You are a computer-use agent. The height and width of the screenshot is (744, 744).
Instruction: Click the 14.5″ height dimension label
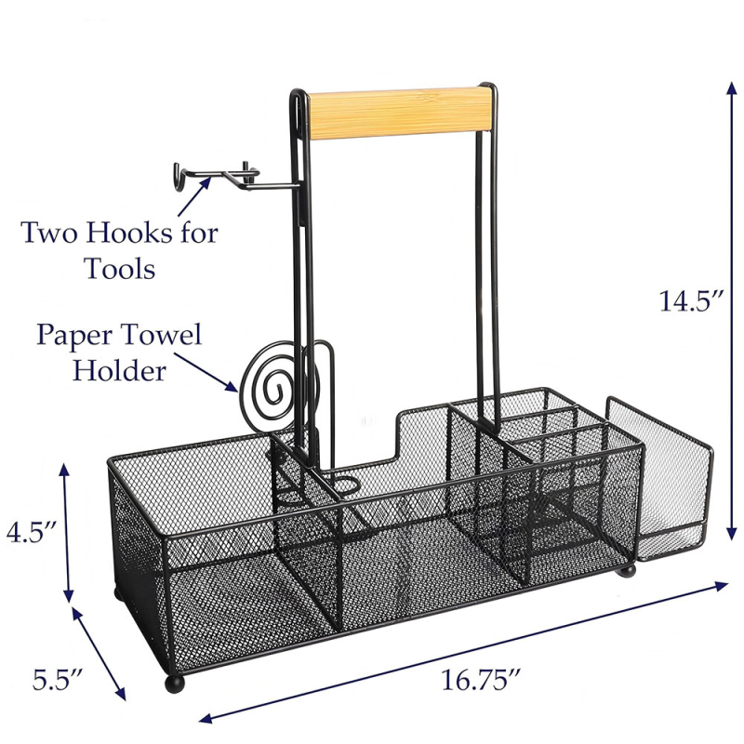(691, 300)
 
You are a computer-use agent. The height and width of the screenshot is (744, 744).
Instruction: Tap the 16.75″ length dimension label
(481, 680)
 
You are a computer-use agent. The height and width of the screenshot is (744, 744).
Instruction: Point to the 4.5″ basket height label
(32, 532)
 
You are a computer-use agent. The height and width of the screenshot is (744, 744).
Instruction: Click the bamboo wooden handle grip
(399, 113)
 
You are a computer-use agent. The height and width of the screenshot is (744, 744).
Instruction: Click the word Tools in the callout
(120, 268)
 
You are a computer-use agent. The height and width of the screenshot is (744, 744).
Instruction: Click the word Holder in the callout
(119, 370)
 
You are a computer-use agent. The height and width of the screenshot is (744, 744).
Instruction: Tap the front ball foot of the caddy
(175, 684)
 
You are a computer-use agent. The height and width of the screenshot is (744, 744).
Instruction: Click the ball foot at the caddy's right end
(626, 570)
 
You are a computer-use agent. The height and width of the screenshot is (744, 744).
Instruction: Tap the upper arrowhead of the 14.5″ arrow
(733, 90)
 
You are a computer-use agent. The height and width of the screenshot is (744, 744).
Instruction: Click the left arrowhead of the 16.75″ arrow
(206, 718)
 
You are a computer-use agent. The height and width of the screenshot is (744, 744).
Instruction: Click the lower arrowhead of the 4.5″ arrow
(69, 594)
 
